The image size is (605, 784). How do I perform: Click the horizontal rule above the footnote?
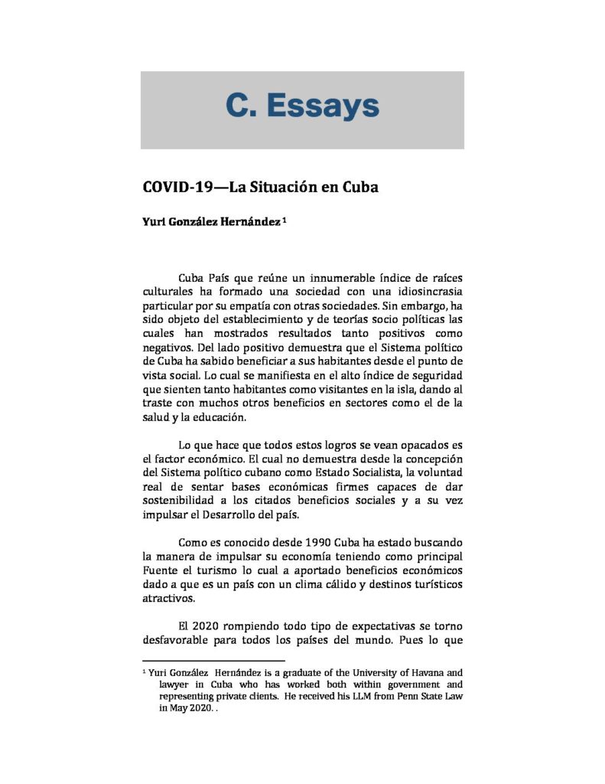(x=213, y=660)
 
